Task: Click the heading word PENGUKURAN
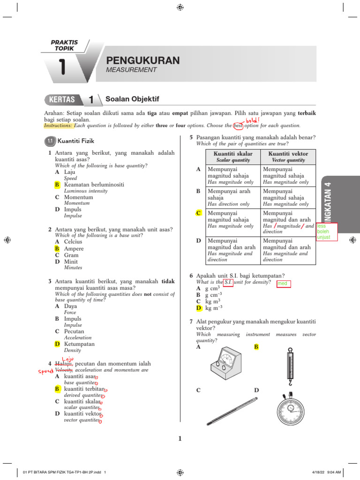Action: tap(143, 60)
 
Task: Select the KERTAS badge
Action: tap(62, 99)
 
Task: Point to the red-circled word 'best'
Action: tap(239, 126)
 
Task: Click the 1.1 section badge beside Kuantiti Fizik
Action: tap(50, 140)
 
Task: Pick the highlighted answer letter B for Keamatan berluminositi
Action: tap(57, 185)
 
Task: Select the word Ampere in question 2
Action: tap(75, 248)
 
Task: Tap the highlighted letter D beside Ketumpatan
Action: tap(57, 344)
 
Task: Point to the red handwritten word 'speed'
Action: tap(45, 370)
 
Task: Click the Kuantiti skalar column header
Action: tap(233, 154)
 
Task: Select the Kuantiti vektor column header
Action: tap(288, 154)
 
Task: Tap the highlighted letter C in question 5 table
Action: tap(198, 213)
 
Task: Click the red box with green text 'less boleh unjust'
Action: tap(327, 232)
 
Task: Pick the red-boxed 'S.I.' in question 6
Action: tap(228, 282)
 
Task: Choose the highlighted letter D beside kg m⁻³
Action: tap(199, 308)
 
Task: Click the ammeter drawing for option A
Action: tap(225, 367)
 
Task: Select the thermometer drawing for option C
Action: tap(232, 410)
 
